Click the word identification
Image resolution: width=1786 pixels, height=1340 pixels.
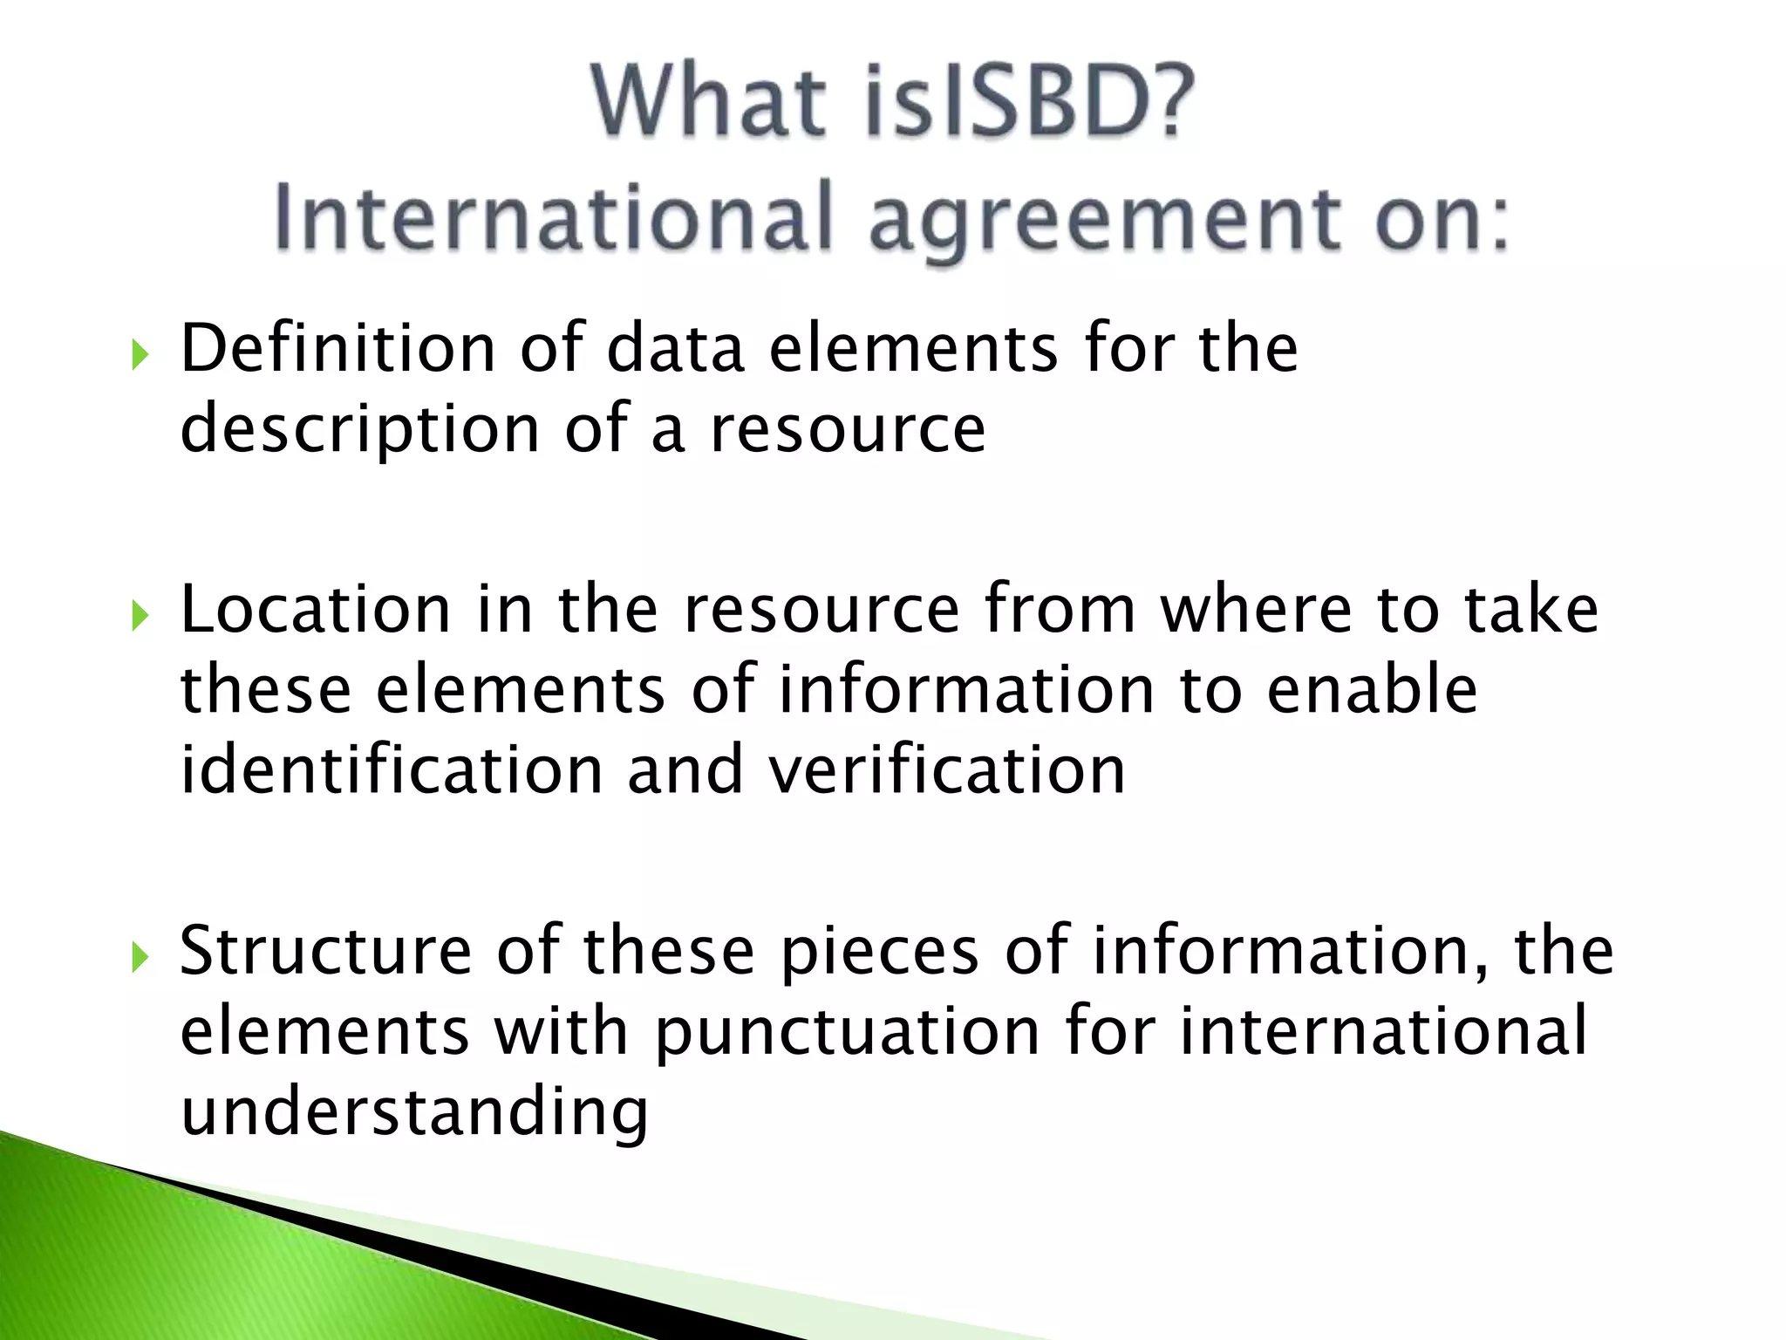coord(392,770)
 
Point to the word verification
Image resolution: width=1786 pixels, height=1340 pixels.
coord(946,770)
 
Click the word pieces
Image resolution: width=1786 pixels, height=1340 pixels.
coord(879,952)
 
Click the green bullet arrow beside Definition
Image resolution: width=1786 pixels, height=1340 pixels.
coord(140,355)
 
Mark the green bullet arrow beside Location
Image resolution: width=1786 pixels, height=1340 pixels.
coord(140,617)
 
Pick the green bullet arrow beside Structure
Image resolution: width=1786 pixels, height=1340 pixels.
coord(140,958)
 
